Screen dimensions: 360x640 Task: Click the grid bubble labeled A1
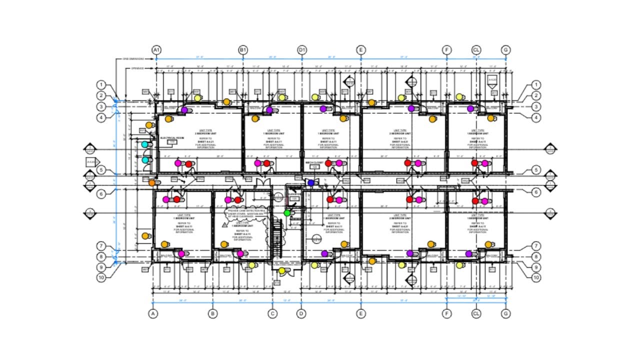[x=156, y=50]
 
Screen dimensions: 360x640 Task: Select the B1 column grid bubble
[x=243, y=50]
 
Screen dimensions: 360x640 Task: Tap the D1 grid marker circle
[x=302, y=50]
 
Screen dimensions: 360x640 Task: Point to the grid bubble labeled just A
[x=153, y=314]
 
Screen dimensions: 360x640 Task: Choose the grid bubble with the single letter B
[x=213, y=314]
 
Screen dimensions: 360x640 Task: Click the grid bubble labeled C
[x=272, y=314]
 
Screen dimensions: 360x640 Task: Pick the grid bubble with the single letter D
[x=301, y=314]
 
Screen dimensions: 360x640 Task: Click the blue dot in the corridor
[x=311, y=183]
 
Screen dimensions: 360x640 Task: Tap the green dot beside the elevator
[x=287, y=213]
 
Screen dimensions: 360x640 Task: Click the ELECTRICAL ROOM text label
[x=172, y=137]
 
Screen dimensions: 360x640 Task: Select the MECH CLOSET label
[x=314, y=162]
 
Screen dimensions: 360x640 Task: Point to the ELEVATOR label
[x=294, y=194]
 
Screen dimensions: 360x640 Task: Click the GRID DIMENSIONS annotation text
[x=133, y=59]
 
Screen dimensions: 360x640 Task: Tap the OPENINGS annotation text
[x=137, y=68]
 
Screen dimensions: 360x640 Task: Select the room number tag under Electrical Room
[x=172, y=142]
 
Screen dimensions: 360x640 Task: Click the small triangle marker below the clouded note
[x=225, y=225]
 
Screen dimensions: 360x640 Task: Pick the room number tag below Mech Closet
[x=314, y=167]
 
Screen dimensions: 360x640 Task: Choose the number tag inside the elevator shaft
[x=294, y=199]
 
